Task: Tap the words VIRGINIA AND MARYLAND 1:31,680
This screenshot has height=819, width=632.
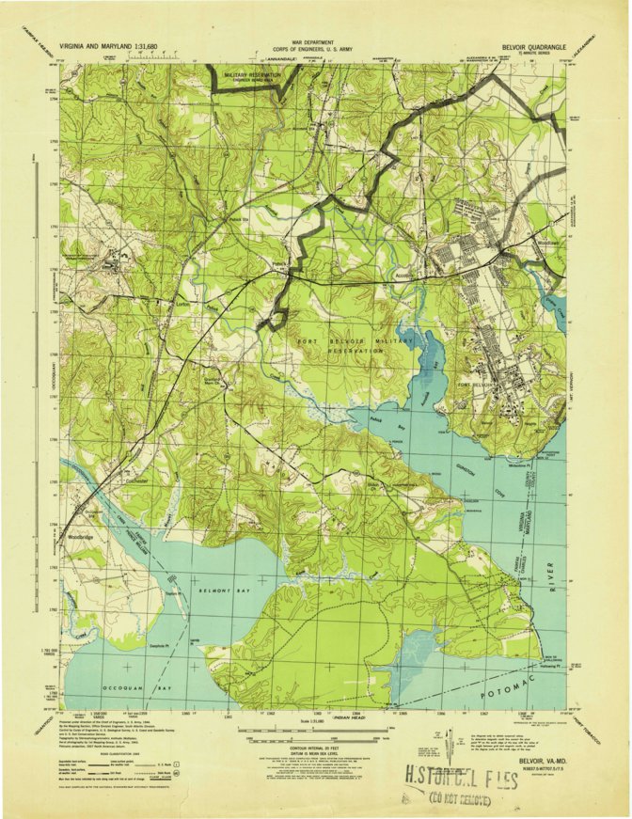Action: click(x=108, y=44)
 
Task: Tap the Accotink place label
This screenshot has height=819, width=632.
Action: click(x=405, y=276)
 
